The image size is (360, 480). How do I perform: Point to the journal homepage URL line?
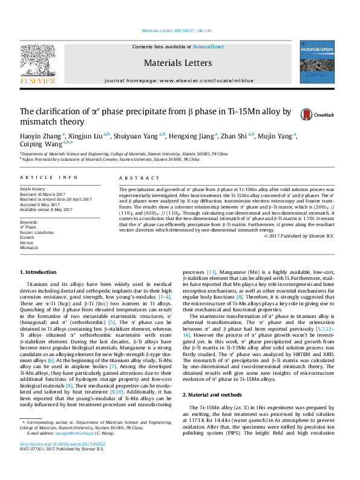(180, 80)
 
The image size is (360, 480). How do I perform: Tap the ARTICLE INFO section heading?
(49, 177)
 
